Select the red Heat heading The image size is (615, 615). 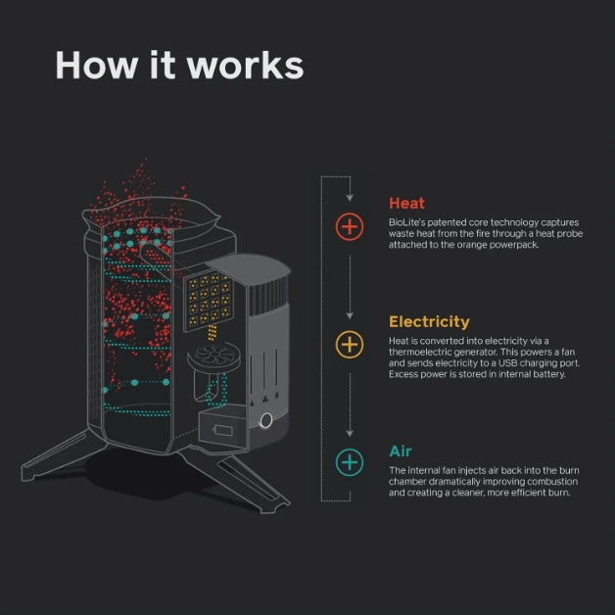tap(406, 204)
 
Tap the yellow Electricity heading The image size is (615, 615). tap(429, 321)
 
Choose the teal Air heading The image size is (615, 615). tap(401, 451)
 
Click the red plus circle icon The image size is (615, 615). tap(350, 227)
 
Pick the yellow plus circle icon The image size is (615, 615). tap(350, 344)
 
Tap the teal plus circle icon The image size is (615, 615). tap(350, 461)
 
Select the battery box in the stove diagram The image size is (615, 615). tap(224, 427)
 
